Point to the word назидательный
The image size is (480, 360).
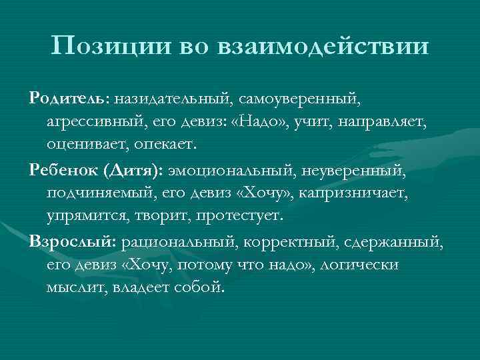coord(171,99)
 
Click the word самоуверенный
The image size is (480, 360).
coord(299,99)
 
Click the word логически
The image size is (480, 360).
coord(360,265)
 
